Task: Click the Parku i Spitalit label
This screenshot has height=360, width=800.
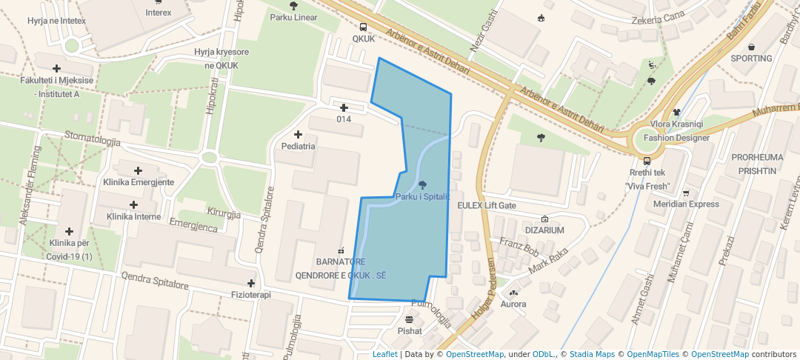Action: (x=423, y=196)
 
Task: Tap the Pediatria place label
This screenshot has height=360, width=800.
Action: (x=299, y=146)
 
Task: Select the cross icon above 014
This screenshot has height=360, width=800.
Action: (x=344, y=108)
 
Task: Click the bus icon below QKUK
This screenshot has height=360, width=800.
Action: (x=363, y=27)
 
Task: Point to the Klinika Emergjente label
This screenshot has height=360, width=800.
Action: (x=139, y=182)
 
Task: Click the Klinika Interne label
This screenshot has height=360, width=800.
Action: (x=133, y=216)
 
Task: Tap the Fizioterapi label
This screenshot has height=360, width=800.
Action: (x=251, y=294)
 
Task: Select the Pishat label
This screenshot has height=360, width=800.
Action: (x=410, y=331)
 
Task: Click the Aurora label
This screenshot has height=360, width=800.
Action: (x=513, y=304)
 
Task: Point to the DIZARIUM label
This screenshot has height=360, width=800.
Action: (x=544, y=230)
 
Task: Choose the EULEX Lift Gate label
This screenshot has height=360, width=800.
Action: (x=487, y=205)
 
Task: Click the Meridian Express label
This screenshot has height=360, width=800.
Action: (x=686, y=204)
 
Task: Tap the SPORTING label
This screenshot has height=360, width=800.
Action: (x=751, y=58)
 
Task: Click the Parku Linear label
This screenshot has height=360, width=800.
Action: (x=293, y=17)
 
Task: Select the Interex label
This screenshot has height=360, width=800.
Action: (x=159, y=13)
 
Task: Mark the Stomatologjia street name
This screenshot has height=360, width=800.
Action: (x=93, y=139)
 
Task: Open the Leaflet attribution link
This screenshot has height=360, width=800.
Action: (x=384, y=354)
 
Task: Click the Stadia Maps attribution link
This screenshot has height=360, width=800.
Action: (x=592, y=354)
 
